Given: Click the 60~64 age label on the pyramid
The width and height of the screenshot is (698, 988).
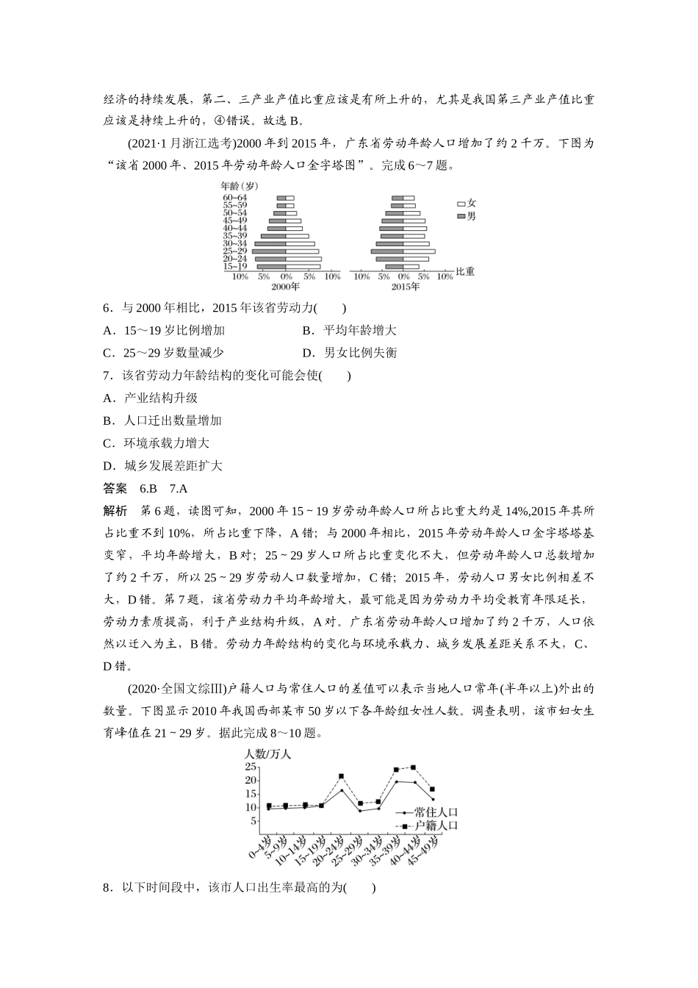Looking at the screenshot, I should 235,197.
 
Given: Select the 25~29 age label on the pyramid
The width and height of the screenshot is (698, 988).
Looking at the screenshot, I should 235,251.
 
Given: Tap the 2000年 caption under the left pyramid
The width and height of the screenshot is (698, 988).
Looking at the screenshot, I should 285,287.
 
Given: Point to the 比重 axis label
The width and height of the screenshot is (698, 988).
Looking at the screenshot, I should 465,271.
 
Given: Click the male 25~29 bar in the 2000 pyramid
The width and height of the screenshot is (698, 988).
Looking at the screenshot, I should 269,251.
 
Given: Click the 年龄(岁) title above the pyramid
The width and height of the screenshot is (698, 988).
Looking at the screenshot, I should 240,187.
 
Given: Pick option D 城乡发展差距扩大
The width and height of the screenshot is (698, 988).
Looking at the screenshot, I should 162,465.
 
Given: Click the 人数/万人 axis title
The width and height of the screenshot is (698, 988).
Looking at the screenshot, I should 268,753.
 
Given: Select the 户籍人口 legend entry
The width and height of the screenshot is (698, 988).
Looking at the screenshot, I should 435,826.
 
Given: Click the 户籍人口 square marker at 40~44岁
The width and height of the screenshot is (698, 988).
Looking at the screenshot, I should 413,767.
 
